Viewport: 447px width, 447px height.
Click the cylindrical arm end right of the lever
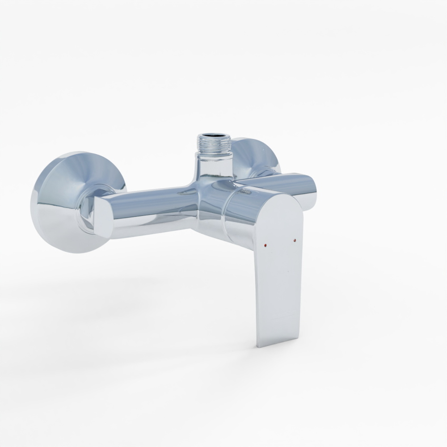tap(308, 190)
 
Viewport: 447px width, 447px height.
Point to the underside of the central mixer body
tap(210, 226)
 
